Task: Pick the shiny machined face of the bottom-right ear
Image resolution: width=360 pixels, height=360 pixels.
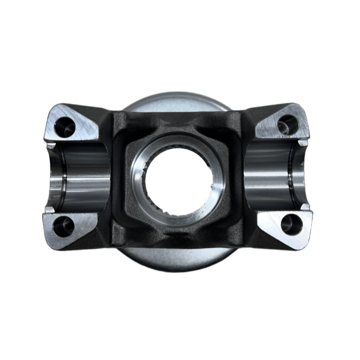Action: (x=274, y=227)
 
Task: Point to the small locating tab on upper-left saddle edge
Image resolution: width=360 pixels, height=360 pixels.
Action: (x=51, y=145)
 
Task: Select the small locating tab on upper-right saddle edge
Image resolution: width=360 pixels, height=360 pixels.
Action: (x=304, y=143)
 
